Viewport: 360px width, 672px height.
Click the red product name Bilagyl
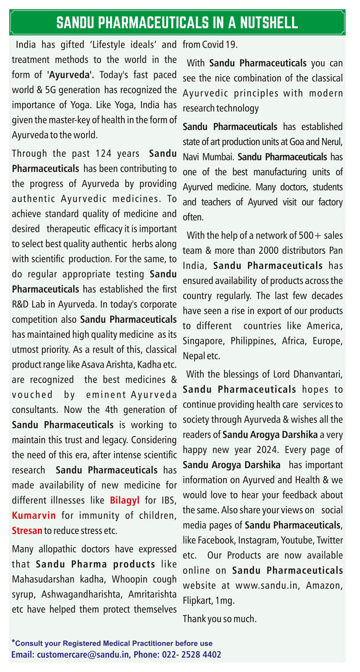125,500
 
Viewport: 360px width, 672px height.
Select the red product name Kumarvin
34,515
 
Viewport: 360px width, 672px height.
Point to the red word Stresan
27,530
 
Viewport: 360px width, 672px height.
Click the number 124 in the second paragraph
103,154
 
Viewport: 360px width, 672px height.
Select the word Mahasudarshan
43,579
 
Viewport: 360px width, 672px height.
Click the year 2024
267,450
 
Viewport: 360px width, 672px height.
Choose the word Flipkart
197,601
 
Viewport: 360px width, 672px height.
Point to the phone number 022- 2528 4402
191,655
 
